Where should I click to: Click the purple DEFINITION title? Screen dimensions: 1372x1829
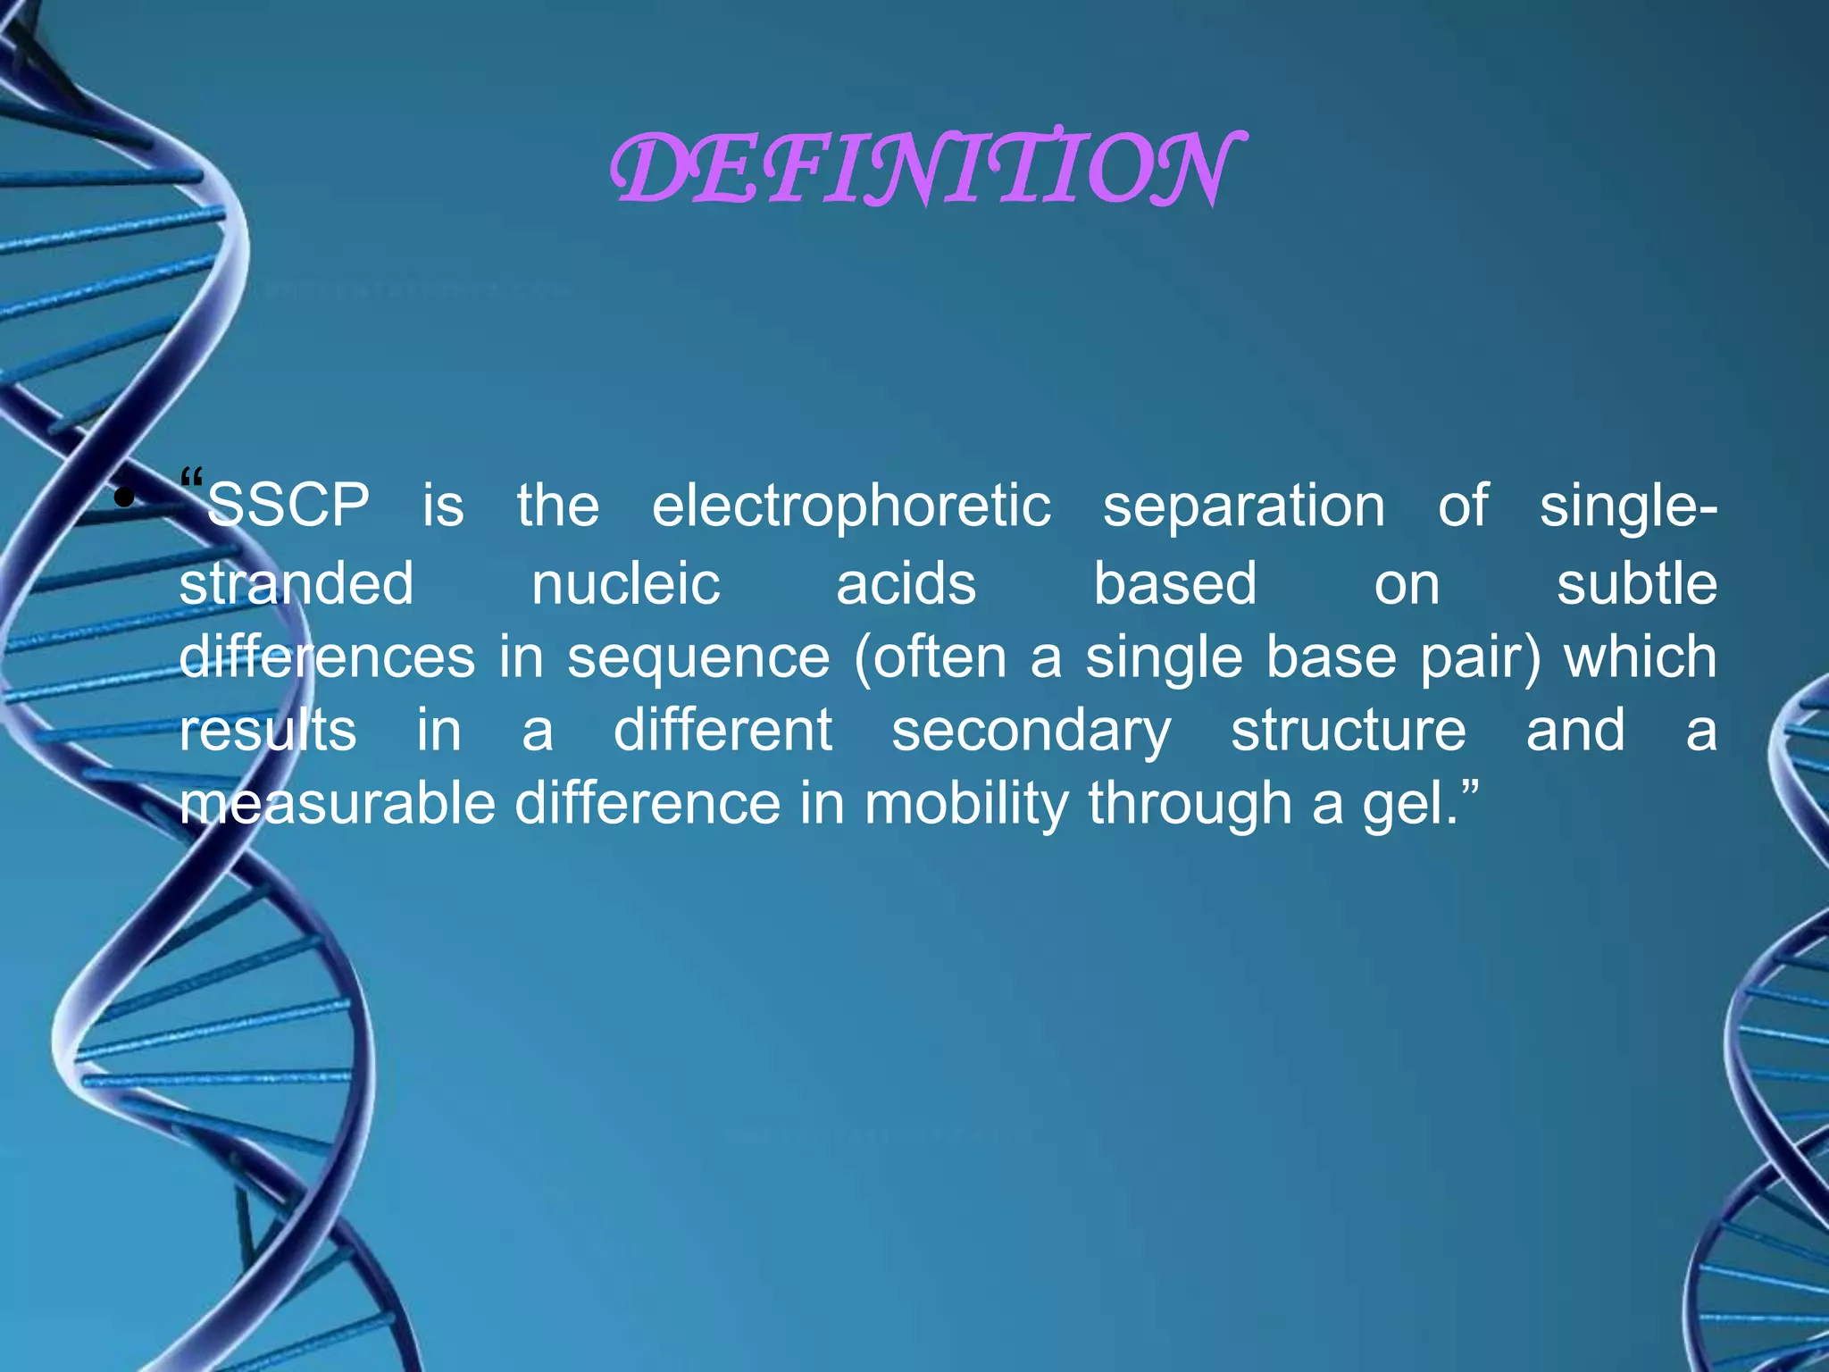pyautogui.click(x=924, y=169)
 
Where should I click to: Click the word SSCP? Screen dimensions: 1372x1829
pyautogui.click(x=288, y=506)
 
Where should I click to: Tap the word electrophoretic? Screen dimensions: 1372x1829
pyautogui.click(x=851, y=507)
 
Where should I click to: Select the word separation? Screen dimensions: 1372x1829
pyautogui.click(x=1243, y=507)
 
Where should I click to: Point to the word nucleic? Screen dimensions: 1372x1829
pyautogui.click(x=625, y=584)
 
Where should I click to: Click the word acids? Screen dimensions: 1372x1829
pyautogui.click(x=906, y=584)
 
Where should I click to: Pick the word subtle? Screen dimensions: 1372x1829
pyautogui.click(x=1636, y=584)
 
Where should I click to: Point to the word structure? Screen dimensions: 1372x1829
pyautogui.click(x=1348, y=731)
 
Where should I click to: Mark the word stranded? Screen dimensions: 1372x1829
pyautogui.click(x=296, y=584)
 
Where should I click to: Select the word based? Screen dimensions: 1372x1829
pyautogui.click(x=1174, y=584)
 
